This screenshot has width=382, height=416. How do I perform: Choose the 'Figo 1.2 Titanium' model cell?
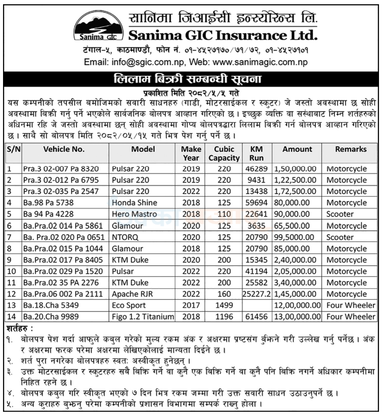144,315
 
